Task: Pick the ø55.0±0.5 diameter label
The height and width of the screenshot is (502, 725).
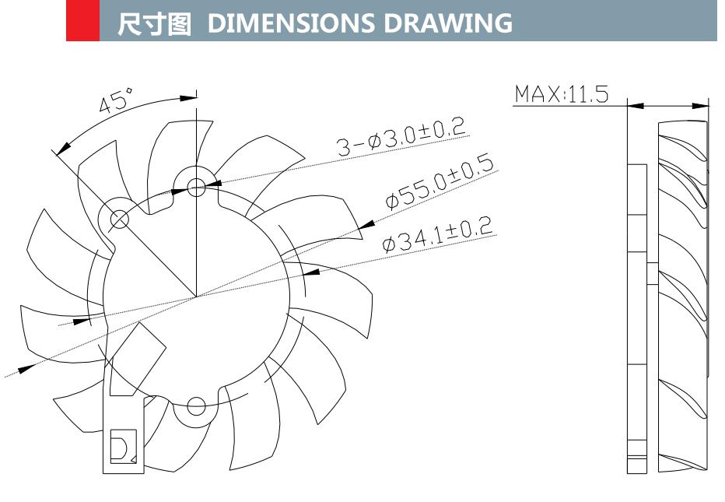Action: point(440,184)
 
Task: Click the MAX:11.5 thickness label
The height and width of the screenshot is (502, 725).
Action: point(560,95)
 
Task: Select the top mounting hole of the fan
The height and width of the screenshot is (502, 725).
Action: point(196,186)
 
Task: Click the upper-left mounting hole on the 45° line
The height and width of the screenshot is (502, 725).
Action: point(119,219)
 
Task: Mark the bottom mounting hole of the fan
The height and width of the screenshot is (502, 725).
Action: point(196,405)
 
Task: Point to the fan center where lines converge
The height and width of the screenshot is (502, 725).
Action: point(196,297)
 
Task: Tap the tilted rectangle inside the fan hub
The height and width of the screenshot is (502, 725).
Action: point(137,360)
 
